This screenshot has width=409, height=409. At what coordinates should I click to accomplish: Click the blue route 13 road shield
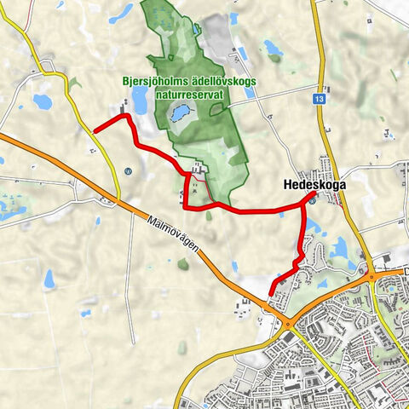coord(318,100)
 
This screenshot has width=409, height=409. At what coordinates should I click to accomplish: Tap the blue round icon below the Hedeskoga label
coord(312,201)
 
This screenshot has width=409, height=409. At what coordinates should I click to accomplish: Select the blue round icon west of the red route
coord(128,169)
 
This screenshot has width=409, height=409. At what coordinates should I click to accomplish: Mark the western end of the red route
coord(95,130)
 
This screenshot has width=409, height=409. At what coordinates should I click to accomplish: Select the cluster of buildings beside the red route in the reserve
coord(199,170)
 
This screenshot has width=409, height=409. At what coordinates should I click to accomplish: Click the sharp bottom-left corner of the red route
coord(187,206)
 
